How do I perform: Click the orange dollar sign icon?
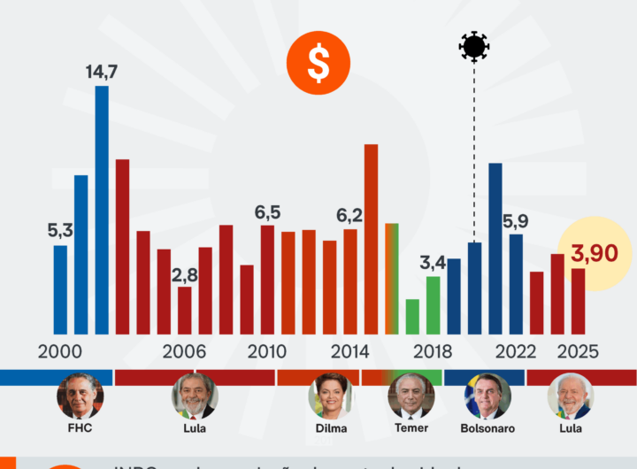[318, 63]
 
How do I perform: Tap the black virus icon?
[474, 46]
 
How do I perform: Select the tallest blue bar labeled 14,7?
[102, 208]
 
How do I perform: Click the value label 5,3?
[60, 231]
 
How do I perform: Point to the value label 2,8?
[184, 273]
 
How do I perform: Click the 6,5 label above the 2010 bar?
[267, 212]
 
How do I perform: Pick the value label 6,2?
[349, 215]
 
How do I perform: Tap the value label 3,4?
[433, 263]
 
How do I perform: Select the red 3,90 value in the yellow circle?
[595, 254]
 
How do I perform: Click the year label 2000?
[60, 350]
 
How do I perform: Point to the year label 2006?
[184, 350]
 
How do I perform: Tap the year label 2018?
[432, 350]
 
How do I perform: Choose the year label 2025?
[578, 350]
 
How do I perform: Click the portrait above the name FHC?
[80, 396]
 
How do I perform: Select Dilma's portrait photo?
[329, 396]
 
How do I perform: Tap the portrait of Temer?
[411, 396]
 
